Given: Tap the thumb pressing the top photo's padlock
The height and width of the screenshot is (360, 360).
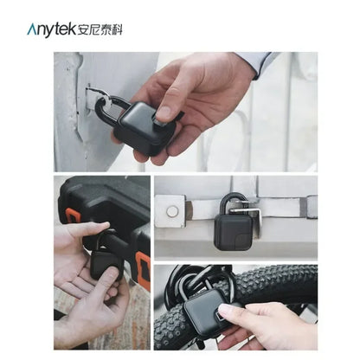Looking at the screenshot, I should click(x=167, y=111).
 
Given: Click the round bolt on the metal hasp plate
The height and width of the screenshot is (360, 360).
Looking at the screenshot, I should click(x=173, y=211).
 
